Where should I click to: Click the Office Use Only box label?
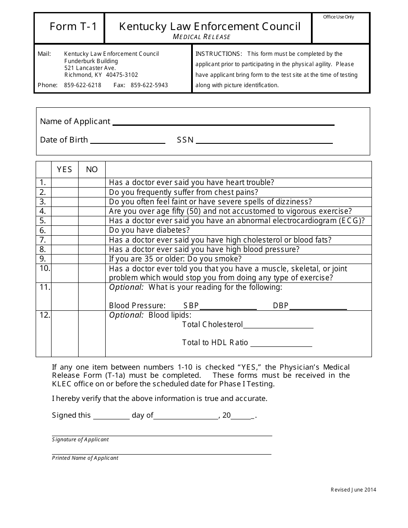(339, 17)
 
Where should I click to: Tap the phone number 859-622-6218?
(82, 85)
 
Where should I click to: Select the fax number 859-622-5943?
(149, 85)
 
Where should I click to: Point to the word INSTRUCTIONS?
(219, 54)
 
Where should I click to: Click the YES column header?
(64, 170)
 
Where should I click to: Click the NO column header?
(91, 170)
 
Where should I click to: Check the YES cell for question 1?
(64, 182)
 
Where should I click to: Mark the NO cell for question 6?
(91, 231)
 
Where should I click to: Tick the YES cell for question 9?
(64, 259)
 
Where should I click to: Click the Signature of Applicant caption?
(80, 440)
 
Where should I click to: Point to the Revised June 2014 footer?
(353, 490)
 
